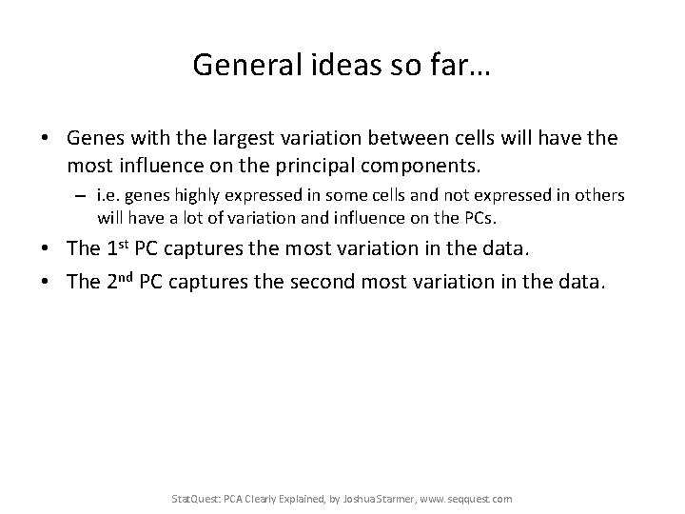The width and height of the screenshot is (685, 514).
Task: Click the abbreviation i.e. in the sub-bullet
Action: (x=107, y=195)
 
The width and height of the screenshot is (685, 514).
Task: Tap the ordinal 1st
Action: (x=119, y=248)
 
